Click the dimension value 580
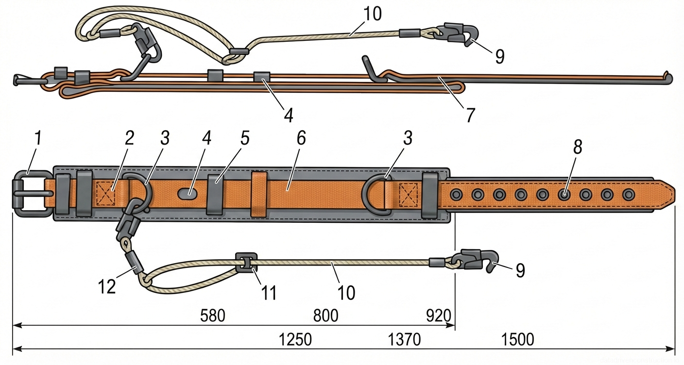tap(213, 316)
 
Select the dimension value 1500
tap(518, 339)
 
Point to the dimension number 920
tap(438, 316)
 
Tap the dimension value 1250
tap(295, 339)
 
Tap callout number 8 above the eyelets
tap(577, 147)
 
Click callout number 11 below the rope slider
tap(269, 293)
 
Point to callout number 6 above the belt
tap(301, 138)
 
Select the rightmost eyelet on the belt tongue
tap(629, 195)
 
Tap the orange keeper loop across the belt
tap(259, 194)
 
